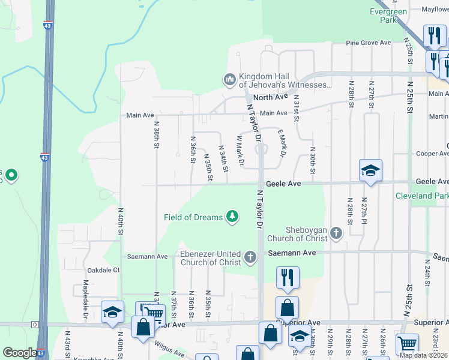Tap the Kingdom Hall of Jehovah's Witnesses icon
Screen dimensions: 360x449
click(x=229, y=79)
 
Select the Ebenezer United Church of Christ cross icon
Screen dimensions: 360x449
click(x=250, y=258)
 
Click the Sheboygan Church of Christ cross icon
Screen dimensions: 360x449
click(x=336, y=233)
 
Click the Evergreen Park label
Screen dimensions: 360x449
click(x=388, y=15)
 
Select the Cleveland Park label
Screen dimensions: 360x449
click(x=421, y=196)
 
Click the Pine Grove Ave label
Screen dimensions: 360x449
click(x=369, y=43)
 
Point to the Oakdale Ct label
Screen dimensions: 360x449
click(x=104, y=271)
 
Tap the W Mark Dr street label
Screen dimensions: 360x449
click(x=240, y=151)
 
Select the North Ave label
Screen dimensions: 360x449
click(x=270, y=97)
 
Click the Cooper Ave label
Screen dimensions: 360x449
click(x=432, y=154)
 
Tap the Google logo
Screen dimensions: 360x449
click(x=20, y=353)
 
